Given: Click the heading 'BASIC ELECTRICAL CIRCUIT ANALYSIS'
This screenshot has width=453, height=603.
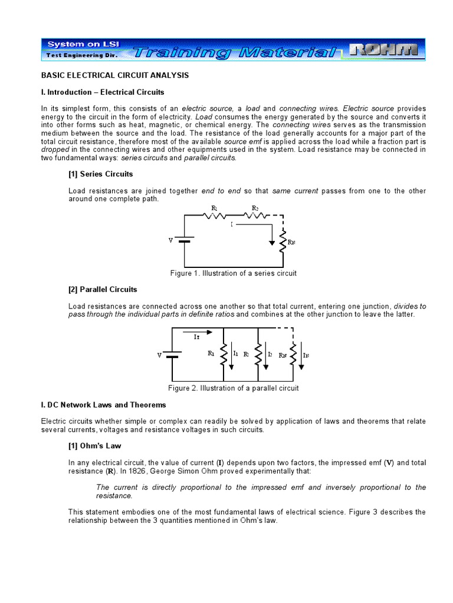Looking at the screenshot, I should (114, 75).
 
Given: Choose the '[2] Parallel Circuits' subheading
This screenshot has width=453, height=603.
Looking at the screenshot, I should (103, 289).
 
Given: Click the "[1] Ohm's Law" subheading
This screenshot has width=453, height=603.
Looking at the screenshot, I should (94, 446).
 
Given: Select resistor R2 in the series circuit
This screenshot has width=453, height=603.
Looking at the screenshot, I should (255, 216).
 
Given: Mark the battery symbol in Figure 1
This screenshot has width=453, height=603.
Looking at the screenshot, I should (185, 240).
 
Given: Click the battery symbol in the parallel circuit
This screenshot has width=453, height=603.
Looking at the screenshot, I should (172, 355).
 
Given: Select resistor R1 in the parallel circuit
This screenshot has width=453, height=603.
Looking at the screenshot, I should (224, 354).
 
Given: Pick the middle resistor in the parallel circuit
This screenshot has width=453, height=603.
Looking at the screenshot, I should (258, 354).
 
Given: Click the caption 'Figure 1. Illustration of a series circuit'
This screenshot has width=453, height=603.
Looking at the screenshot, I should (232, 273).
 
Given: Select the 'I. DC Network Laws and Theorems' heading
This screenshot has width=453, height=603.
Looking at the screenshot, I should (103, 405).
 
